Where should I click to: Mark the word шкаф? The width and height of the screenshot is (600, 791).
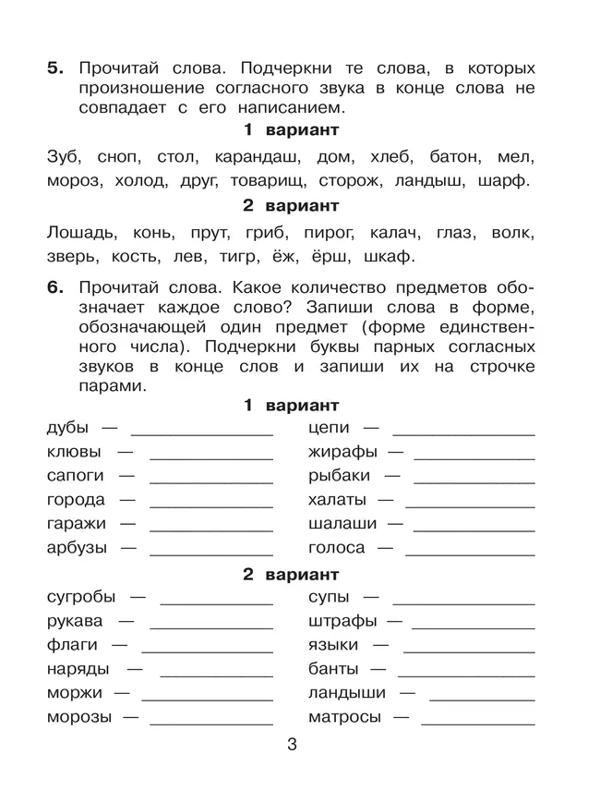coord(384,256)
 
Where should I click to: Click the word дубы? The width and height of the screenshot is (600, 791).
coord(67,429)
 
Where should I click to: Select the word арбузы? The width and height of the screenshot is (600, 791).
coord(77,548)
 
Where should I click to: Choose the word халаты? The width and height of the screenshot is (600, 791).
coord(338,500)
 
